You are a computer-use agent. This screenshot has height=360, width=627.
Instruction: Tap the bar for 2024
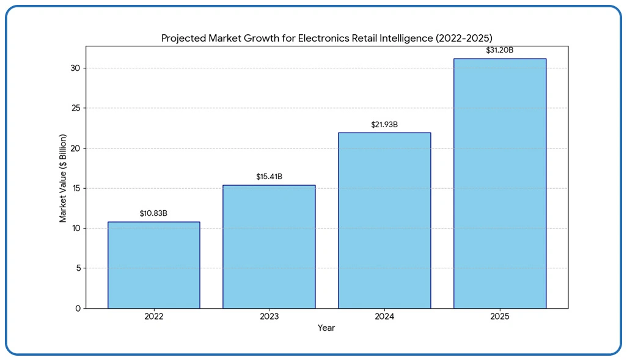[384, 220]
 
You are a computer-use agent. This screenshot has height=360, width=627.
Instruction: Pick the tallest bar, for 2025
[499, 183]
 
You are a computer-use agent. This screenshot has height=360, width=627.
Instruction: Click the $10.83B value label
[153, 213]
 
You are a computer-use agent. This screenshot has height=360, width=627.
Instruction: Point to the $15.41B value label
[269, 177]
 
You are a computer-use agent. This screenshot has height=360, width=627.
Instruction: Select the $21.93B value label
[384, 125]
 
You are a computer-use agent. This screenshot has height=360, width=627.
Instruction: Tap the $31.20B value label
[499, 50]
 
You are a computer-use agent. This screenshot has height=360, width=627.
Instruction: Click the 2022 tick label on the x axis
[153, 317]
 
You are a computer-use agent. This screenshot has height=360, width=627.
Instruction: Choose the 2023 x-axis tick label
[269, 317]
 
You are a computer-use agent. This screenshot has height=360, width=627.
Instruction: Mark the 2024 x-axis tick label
[384, 317]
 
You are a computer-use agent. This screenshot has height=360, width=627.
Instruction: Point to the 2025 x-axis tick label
[499, 317]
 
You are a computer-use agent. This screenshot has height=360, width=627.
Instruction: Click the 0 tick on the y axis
[78, 308]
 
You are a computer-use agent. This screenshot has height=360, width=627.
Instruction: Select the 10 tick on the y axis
[75, 228]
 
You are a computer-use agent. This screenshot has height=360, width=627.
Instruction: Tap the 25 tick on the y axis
[75, 108]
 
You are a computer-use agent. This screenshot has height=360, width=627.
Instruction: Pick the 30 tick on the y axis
[75, 68]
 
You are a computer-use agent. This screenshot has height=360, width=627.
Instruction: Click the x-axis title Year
[326, 328]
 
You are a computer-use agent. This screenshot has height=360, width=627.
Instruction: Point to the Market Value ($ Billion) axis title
[64, 178]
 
